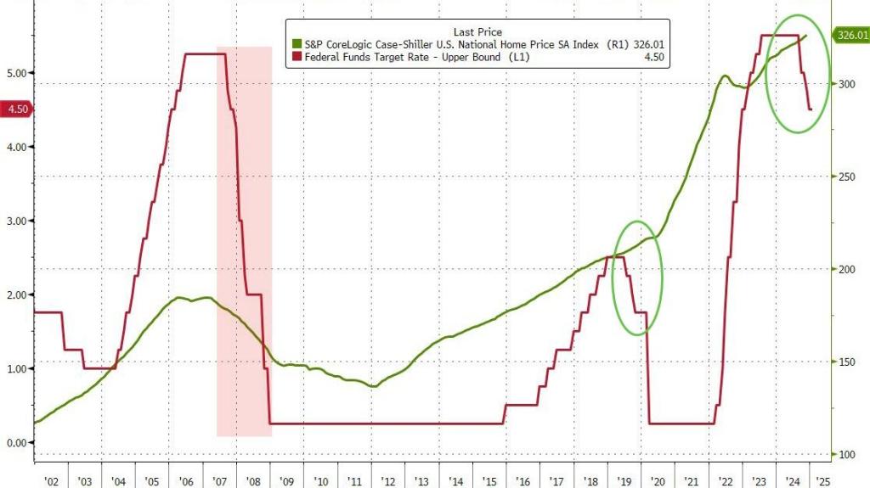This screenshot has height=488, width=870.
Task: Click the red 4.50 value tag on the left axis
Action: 16,109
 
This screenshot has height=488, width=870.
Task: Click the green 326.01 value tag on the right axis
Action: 852,36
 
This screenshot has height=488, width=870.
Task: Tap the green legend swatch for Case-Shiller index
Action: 297,44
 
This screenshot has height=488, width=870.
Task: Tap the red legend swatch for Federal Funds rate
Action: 297,57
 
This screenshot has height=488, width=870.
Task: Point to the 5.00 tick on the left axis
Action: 16,73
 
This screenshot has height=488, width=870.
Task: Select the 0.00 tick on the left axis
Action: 16,442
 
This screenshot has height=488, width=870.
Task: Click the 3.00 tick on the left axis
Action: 16,221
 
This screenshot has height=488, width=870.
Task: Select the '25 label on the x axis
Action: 822,481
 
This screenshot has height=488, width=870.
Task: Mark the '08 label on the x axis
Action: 253,481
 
